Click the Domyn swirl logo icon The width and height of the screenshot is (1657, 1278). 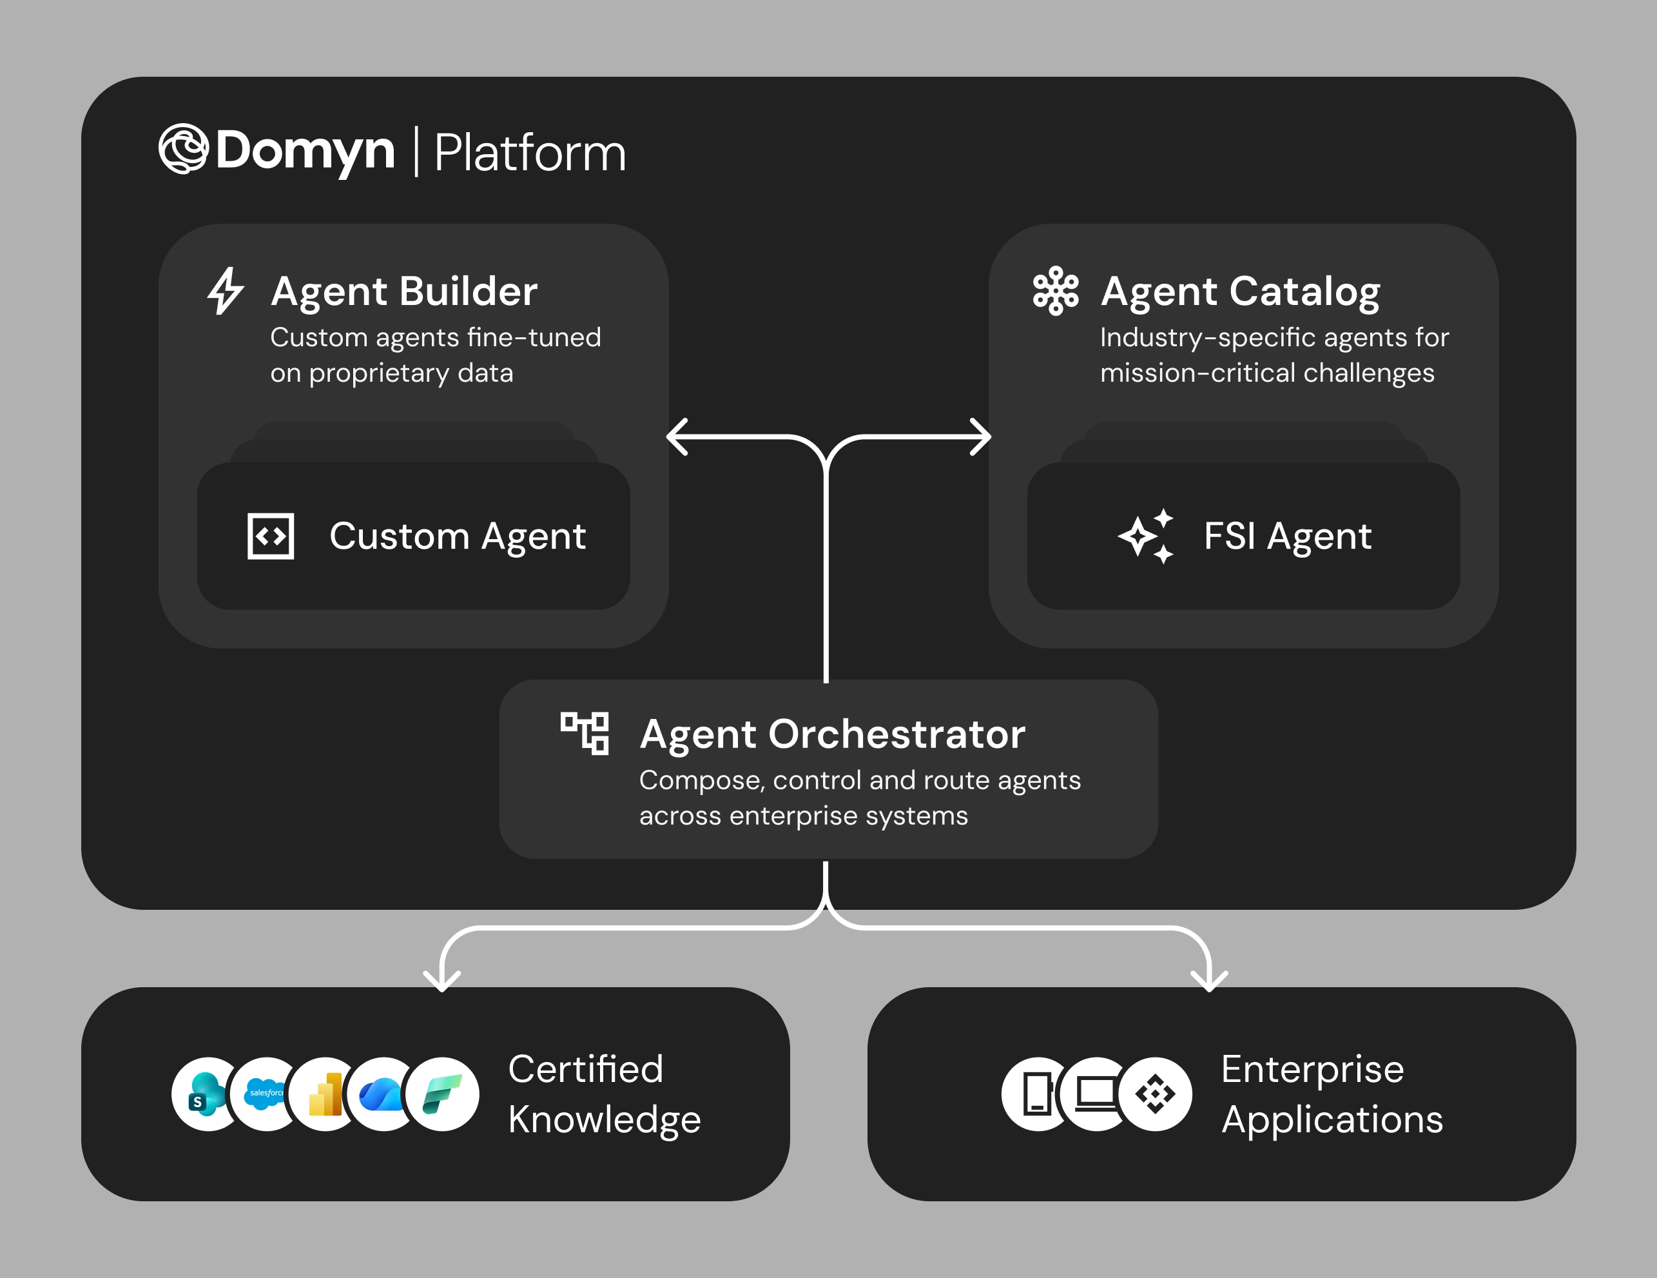point(183,149)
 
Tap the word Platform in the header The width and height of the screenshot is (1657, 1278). point(530,153)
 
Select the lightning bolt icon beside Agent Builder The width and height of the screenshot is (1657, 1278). point(226,291)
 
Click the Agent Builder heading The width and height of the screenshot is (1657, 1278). point(403,291)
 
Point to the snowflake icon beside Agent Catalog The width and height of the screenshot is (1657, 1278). point(1055,291)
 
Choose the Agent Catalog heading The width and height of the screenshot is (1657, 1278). point(1240,291)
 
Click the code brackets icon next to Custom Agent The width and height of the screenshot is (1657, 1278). point(271,536)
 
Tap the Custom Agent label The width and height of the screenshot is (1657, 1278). point(458,536)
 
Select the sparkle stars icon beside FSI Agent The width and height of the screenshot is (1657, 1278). point(1147,536)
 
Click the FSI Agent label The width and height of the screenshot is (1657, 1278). point(1288,536)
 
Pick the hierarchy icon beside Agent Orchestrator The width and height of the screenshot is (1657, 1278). point(584,733)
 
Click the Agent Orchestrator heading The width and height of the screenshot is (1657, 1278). point(832,734)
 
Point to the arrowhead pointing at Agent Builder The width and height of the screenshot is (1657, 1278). point(677,437)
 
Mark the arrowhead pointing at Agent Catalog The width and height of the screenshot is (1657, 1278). point(982,437)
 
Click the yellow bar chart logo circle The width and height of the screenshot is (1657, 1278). point(325,1094)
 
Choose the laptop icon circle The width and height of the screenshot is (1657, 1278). point(1096,1094)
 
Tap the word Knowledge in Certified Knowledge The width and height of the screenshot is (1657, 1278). point(604,1119)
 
